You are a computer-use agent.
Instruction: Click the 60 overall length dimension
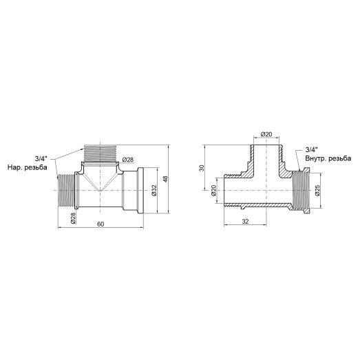point(100,225)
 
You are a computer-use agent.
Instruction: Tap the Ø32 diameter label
point(156,191)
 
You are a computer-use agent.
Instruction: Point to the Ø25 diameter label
point(317,191)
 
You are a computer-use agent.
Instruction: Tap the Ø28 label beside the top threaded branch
point(127,160)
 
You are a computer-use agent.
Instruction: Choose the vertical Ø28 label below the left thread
point(72,219)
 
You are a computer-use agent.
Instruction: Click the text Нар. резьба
point(28,168)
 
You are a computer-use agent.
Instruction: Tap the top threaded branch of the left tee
point(100,153)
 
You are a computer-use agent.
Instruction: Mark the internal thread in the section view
point(299,191)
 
